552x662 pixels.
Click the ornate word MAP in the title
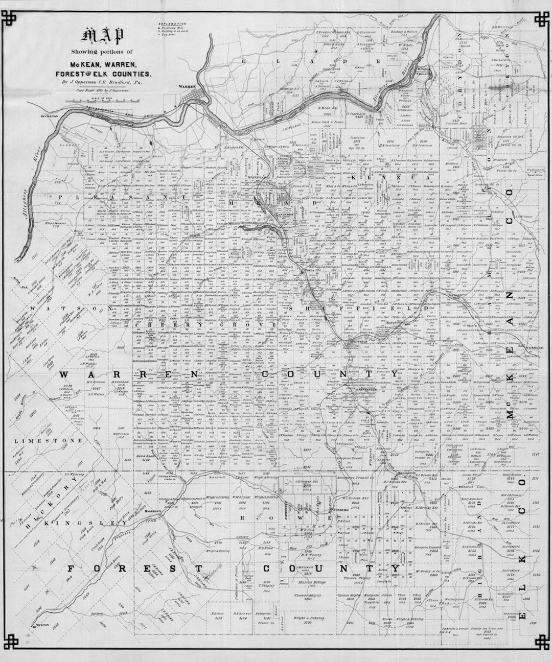pos(100,37)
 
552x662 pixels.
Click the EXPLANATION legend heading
pos(172,24)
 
